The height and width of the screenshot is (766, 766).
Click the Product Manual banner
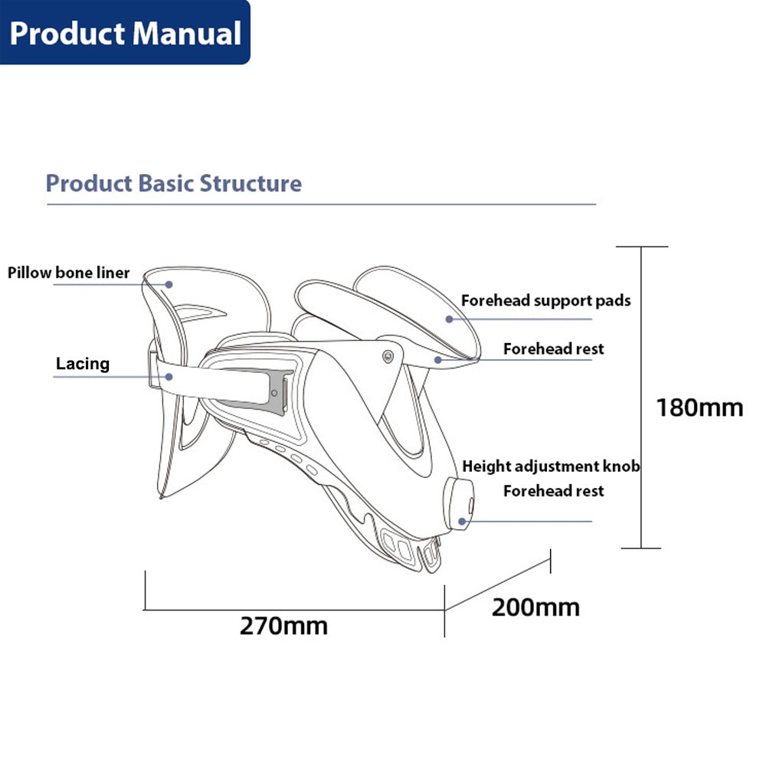[125, 33]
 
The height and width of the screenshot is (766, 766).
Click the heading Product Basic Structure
[173, 184]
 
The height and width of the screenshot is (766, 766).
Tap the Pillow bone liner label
[69, 273]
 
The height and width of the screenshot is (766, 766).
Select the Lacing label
[83, 364]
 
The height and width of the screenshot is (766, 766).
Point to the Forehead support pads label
[545, 300]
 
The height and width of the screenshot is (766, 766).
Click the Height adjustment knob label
[551, 466]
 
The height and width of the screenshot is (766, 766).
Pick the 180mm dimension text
[699, 408]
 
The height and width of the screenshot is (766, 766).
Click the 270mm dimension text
[283, 625]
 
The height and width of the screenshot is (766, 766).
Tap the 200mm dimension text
[535, 607]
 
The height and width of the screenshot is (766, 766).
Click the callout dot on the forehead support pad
[449, 319]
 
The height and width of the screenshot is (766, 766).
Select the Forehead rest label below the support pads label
[553, 349]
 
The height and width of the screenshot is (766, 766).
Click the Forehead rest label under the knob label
[553, 491]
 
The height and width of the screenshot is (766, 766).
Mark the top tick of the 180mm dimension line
[642, 247]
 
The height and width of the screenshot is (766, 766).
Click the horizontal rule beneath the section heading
[322, 205]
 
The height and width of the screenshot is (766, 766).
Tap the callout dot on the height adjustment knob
[463, 521]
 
